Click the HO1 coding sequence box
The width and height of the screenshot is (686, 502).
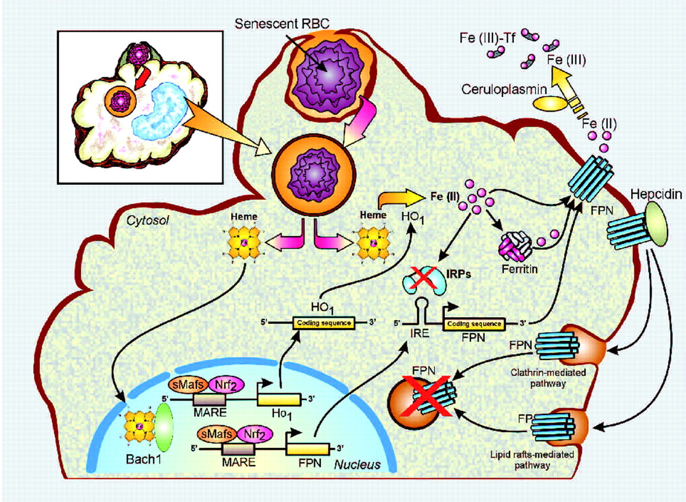322,323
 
